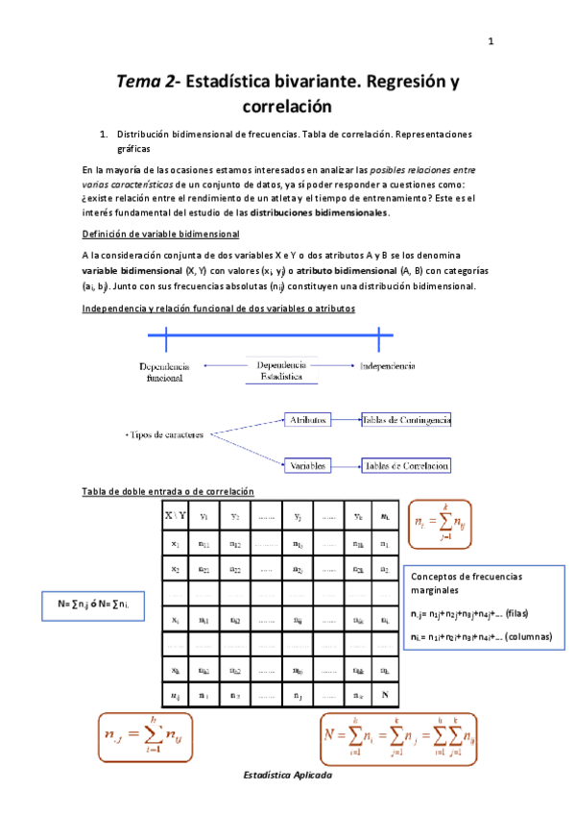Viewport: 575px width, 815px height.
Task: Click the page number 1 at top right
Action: (x=491, y=41)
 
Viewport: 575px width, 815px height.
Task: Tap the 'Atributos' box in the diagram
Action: (x=309, y=419)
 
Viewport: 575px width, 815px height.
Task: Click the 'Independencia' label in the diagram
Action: (x=387, y=366)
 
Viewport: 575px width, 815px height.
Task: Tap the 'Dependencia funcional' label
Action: (x=165, y=372)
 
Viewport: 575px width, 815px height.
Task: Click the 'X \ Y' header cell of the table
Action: (x=176, y=515)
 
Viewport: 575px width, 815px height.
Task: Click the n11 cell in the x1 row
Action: (x=204, y=544)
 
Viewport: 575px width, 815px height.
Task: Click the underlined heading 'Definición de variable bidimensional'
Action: (x=160, y=235)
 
